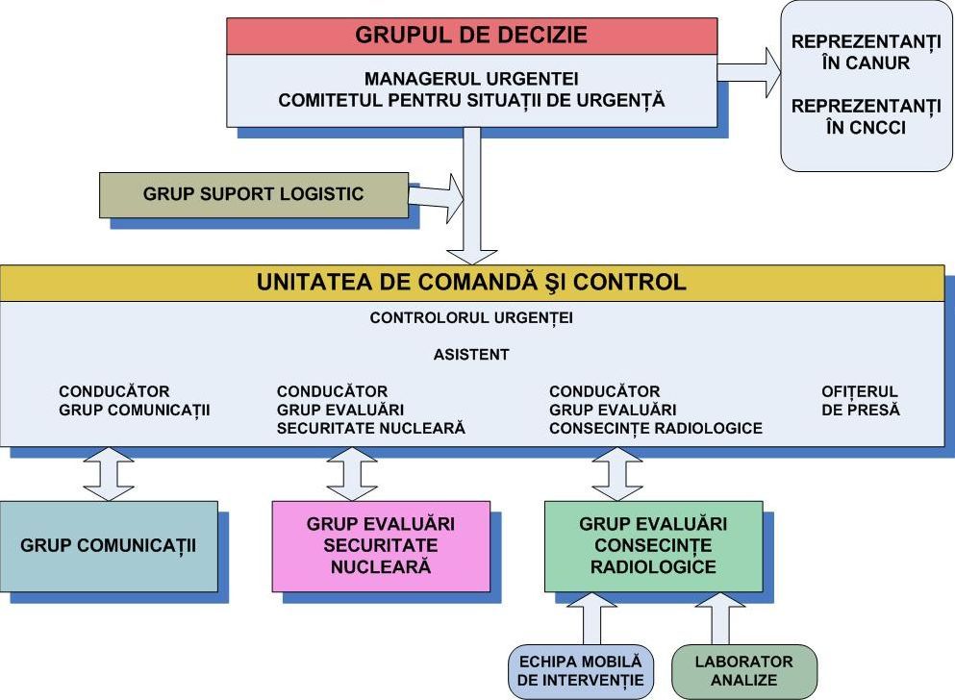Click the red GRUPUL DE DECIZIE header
[471, 37]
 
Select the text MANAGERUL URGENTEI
[471, 78]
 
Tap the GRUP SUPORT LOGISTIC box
[254, 194]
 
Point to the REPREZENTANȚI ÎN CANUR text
[866, 53]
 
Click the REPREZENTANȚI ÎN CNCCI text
[866, 116]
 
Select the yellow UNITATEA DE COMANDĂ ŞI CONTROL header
[471, 283]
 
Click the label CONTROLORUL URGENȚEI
[471, 318]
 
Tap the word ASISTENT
[471, 355]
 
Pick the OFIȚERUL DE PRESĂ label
[860, 401]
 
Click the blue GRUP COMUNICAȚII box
[109, 545]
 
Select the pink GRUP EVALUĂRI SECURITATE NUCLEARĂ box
[381, 545]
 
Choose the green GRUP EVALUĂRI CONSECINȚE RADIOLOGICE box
[653, 545]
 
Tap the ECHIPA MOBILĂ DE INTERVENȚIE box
[581, 671]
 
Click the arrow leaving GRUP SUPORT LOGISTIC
[436, 196]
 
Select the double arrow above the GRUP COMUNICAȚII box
[109, 473]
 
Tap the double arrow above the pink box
[352, 473]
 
